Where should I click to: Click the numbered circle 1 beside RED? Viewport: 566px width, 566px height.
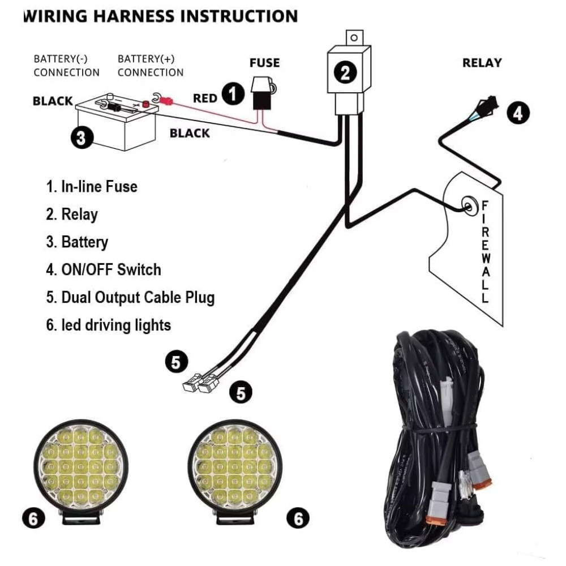tap(233, 93)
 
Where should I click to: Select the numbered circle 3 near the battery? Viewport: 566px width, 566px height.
tap(82, 137)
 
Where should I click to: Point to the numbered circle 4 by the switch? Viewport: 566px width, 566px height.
tap(517, 113)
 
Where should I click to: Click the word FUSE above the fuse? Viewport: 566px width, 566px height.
tap(264, 62)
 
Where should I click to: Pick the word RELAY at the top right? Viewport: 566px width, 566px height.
tap(482, 62)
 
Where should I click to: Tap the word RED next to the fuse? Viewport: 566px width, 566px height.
tap(205, 98)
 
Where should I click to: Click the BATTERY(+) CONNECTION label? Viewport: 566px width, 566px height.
tap(151, 65)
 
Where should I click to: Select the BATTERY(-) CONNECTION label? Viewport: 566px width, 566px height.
tap(66, 65)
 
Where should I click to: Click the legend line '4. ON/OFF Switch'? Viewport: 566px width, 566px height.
tap(104, 269)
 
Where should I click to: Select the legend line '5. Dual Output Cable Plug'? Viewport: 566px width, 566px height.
tap(130, 297)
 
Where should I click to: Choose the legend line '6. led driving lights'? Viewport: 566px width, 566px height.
tap(108, 325)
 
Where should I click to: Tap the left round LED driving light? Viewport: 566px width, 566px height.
tap(79, 466)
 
